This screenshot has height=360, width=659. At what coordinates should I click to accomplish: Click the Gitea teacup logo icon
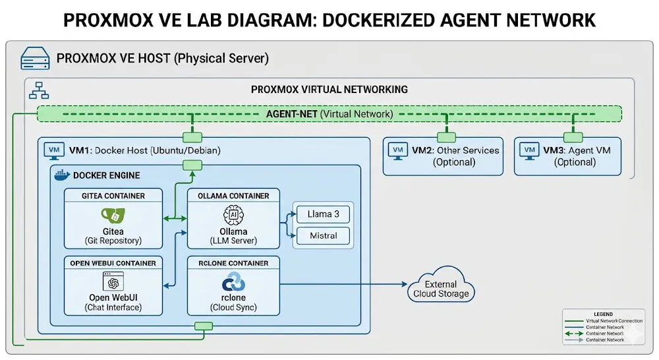113,216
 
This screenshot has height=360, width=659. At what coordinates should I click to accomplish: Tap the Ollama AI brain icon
233,215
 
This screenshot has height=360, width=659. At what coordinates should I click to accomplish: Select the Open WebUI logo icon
113,284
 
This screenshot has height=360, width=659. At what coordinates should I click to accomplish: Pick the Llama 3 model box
323,214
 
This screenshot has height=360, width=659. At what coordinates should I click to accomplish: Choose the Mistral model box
323,235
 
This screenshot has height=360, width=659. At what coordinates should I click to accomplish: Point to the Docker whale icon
61,175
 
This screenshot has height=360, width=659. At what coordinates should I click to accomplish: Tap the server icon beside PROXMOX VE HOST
34,59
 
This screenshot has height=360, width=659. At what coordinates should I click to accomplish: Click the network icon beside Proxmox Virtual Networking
35,92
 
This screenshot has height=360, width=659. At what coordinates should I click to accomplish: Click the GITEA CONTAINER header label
113,196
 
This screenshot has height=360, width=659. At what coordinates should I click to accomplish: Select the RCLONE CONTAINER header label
233,263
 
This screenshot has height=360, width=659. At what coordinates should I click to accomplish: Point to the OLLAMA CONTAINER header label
233,196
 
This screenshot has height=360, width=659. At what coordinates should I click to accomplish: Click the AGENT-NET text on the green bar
292,114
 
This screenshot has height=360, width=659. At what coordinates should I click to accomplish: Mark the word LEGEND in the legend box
602,314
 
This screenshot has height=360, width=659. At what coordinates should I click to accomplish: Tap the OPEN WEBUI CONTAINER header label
113,263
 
